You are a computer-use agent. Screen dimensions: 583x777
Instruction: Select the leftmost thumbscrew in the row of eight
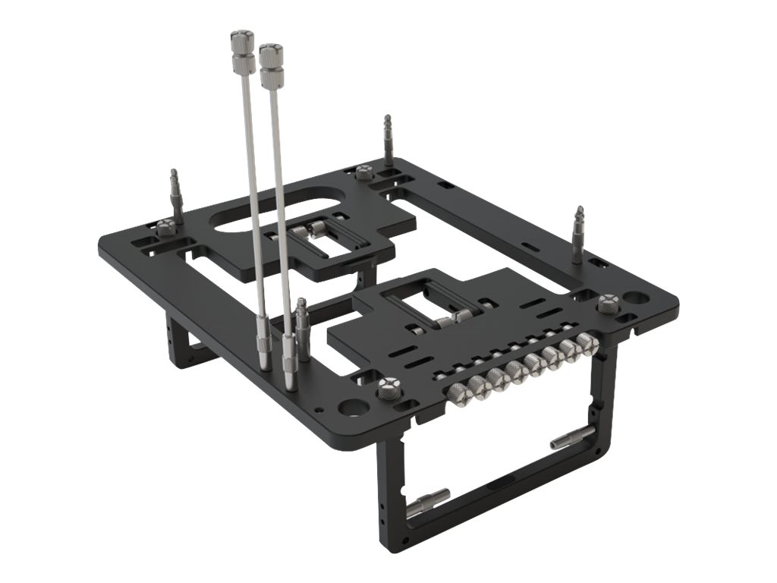click(x=458, y=392)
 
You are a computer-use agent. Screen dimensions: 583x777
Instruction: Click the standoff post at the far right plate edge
click(x=578, y=234)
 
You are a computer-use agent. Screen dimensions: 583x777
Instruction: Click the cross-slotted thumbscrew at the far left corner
click(x=165, y=225)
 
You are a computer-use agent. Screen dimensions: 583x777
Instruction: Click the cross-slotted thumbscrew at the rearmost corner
click(x=364, y=172)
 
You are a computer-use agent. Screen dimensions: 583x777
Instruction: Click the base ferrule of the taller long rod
click(x=262, y=349)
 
